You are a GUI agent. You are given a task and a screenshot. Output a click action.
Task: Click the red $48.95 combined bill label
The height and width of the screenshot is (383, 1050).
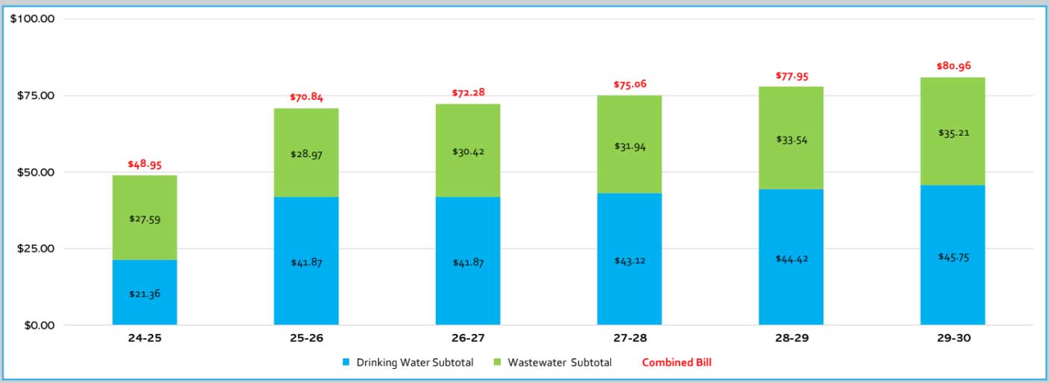(x=145, y=164)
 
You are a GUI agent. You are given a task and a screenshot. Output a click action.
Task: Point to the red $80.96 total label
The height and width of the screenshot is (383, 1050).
(x=952, y=66)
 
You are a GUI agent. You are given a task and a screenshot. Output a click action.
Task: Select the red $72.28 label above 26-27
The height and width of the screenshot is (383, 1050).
(x=468, y=92)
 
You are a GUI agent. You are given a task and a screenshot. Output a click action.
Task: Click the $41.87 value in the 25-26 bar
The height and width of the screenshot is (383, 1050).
(x=306, y=262)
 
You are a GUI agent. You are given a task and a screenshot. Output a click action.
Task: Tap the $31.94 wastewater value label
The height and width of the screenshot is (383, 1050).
(x=630, y=147)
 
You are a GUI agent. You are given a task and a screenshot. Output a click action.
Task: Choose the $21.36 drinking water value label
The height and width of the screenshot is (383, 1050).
(x=145, y=294)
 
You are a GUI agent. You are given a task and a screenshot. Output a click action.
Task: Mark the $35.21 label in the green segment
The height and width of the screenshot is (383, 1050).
(x=952, y=133)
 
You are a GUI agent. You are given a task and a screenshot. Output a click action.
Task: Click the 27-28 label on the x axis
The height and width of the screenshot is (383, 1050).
(x=630, y=338)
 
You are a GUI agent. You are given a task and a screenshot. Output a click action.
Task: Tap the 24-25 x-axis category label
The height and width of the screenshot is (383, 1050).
(x=145, y=338)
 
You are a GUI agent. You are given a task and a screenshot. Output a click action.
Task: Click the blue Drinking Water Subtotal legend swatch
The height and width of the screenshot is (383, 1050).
(x=346, y=363)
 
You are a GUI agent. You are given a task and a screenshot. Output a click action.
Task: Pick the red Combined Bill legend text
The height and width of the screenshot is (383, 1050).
(x=677, y=363)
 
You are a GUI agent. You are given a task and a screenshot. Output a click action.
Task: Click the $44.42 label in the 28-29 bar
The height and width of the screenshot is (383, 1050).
(x=791, y=259)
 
